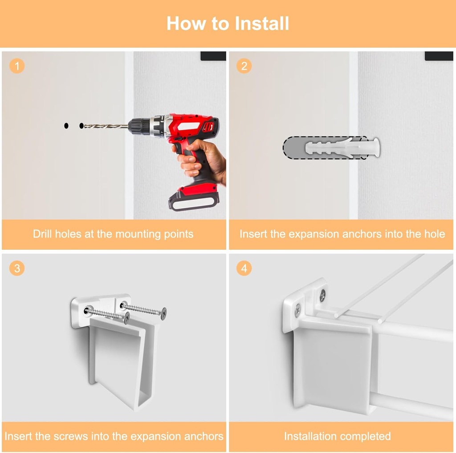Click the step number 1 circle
[x=17, y=66]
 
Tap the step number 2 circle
[x=244, y=66]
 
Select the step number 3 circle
[x=17, y=268]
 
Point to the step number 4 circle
[x=244, y=268]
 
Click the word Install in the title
[x=262, y=23]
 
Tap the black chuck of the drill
[x=139, y=127]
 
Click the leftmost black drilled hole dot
[x=66, y=126]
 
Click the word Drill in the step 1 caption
[x=42, y=234]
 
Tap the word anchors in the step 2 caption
[x=362, y=234]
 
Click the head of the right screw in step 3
[x=164, y=313]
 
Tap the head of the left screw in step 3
[x=127, y=318]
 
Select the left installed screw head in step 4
[x=298, y=310]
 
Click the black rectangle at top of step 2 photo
[x=439, y=56]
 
